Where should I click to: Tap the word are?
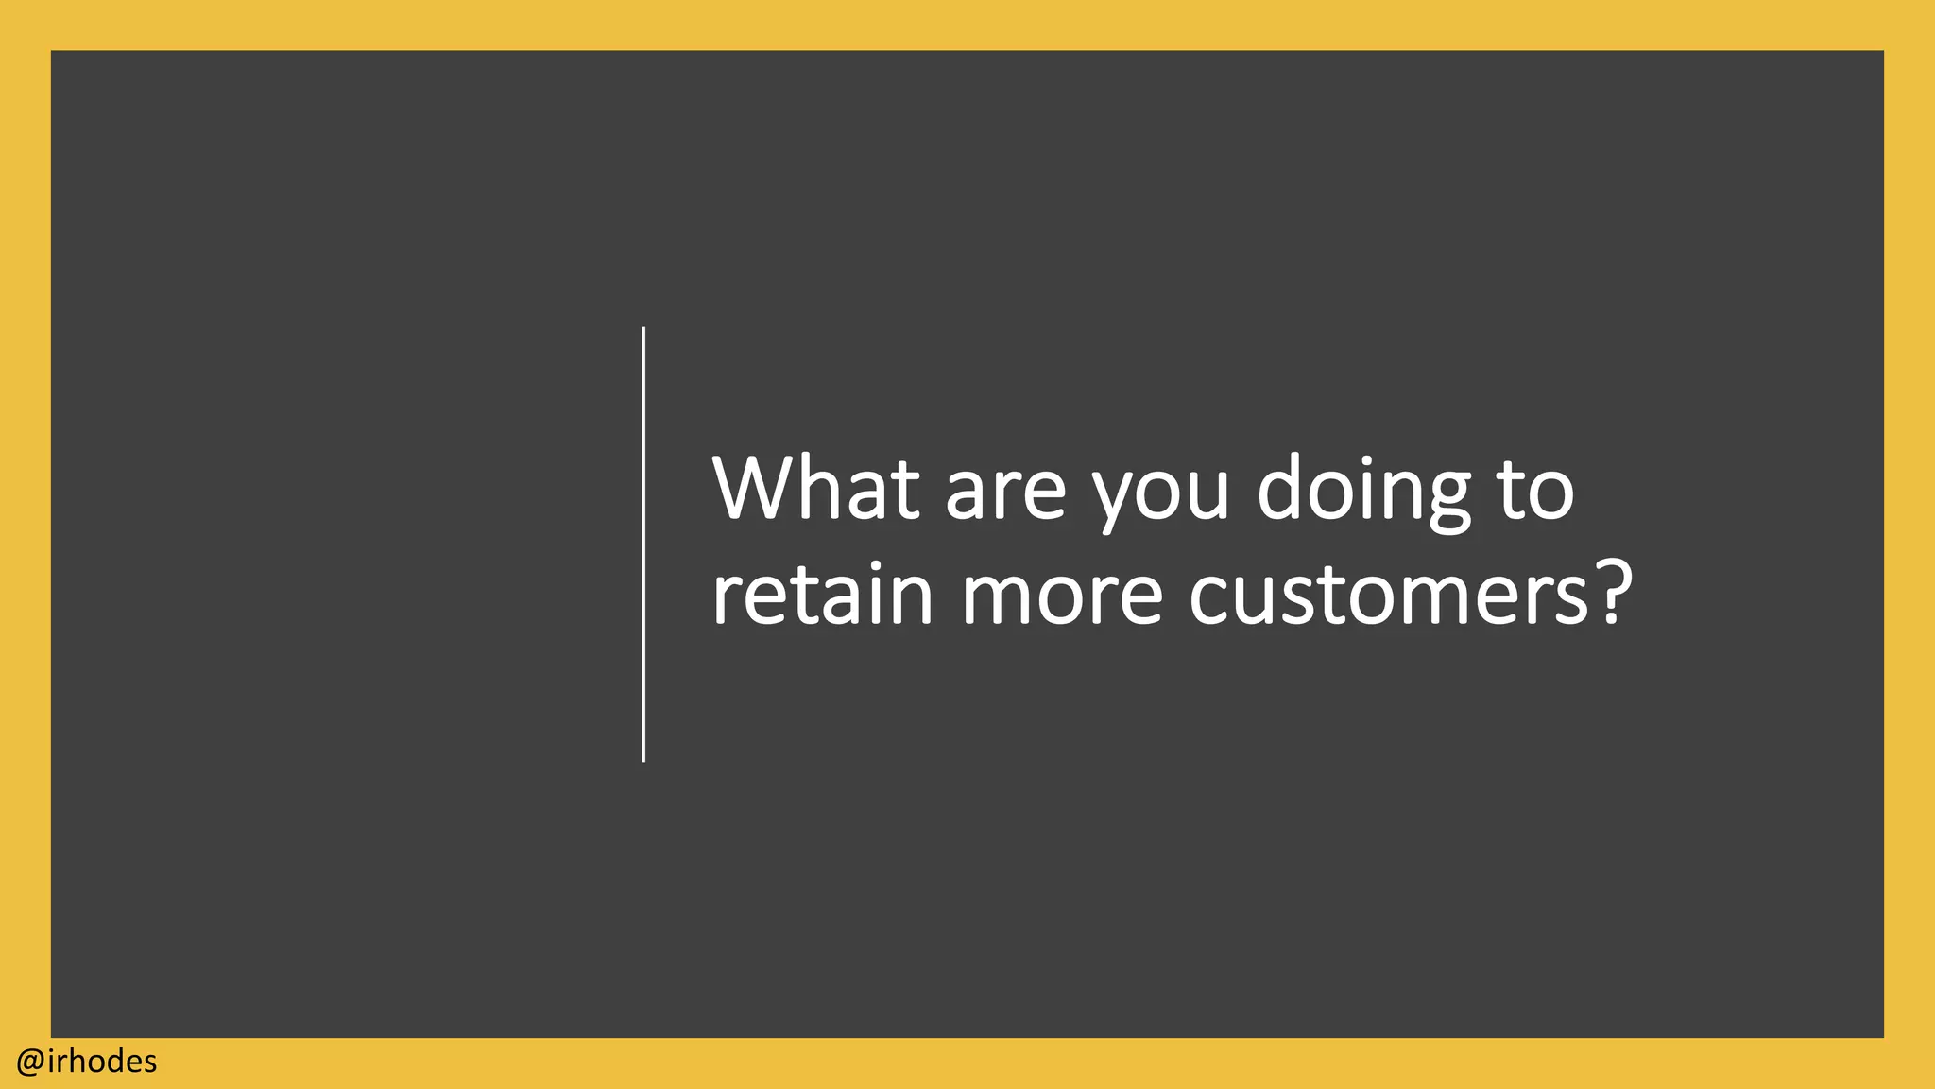(1005, 493)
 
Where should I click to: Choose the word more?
(1061, 597)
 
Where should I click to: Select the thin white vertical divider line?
(643, 544)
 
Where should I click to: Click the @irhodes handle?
(87, 1062)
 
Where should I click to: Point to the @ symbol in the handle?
(29, 1063)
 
